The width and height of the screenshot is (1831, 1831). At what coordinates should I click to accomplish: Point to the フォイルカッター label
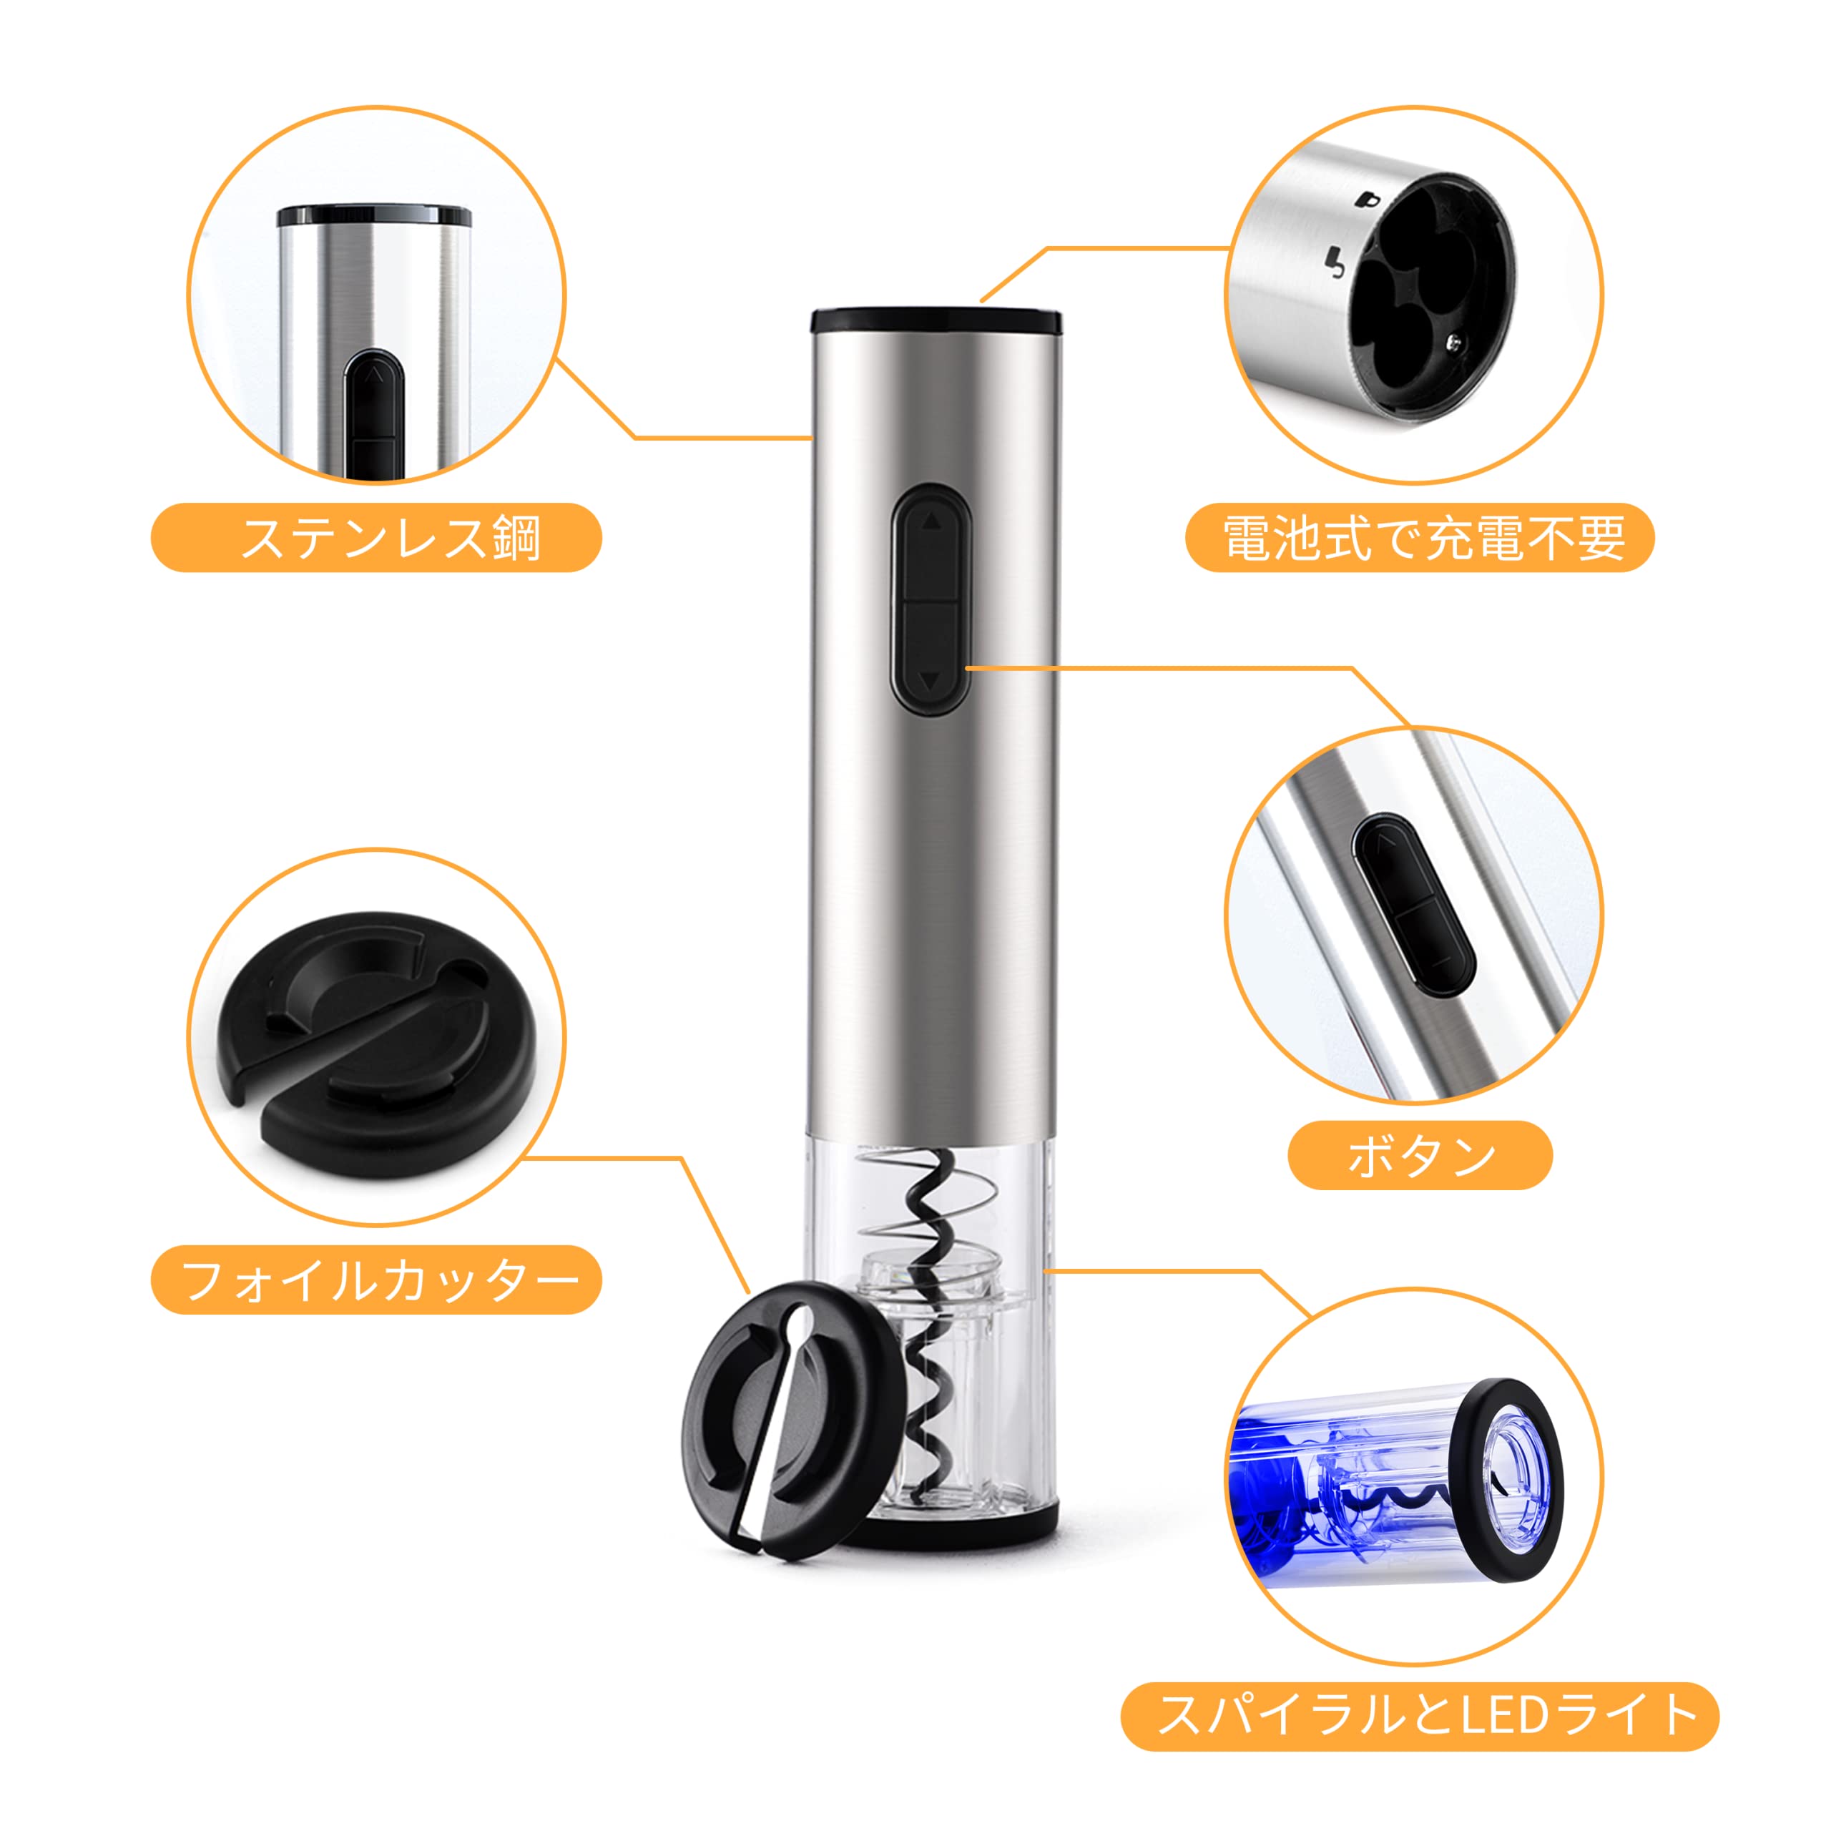[x=376, y=1280]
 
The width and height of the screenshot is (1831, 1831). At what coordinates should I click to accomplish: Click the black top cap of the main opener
[x=936, y=321]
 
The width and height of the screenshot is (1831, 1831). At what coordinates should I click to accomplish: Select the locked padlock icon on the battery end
[x=1367, y=201]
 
